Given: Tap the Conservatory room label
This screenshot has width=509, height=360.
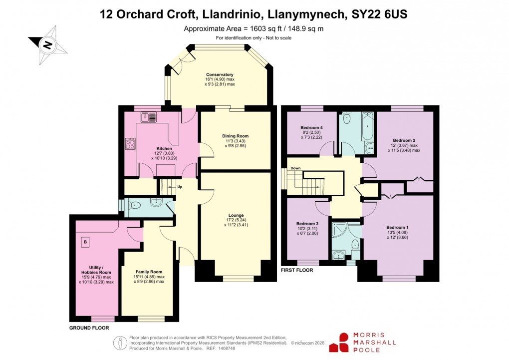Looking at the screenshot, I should (220, 74).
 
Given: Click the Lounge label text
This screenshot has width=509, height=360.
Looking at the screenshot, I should (236, 215).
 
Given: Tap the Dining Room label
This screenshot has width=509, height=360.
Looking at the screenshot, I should (235, 136).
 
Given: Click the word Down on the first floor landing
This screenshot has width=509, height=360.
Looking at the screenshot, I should (295, 168).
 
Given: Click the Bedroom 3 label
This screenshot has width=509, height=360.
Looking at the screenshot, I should (307, 223).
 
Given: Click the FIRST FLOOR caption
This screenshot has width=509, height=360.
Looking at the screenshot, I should (297, 270).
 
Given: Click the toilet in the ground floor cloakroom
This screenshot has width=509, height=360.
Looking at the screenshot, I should (135, 204).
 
